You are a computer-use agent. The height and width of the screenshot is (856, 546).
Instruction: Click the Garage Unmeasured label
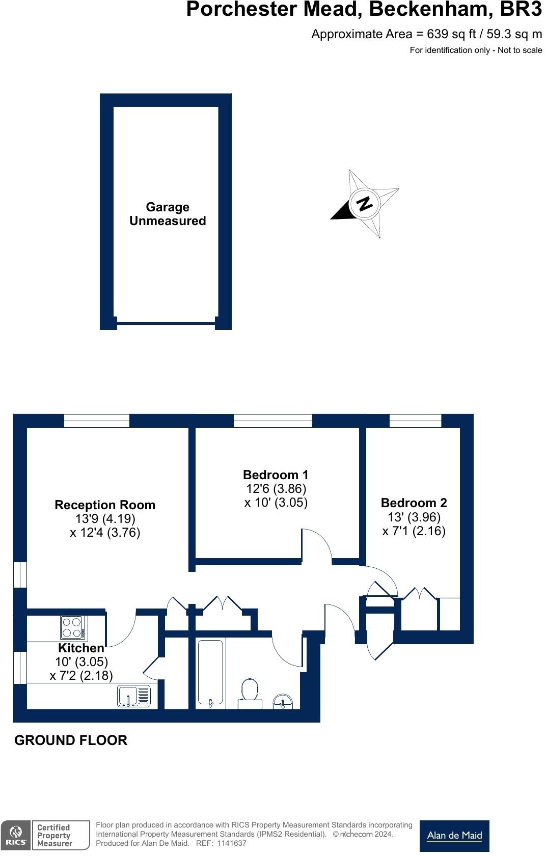click(x=167, y=214)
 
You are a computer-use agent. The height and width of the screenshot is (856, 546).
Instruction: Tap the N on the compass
click(x=364, y=204)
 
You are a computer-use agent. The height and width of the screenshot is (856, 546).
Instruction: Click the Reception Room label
click(x=105, y=505)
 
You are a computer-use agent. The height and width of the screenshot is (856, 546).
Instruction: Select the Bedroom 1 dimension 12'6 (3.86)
click(x=276, y=489)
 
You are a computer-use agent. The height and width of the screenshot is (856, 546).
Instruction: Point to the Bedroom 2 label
click(x=414, y=503)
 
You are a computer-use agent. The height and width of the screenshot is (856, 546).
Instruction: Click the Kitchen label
click(x=81, y=648)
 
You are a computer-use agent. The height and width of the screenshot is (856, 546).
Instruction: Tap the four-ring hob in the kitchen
click(x=72, y=627)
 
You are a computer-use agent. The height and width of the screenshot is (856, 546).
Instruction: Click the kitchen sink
click(x=134, y=696)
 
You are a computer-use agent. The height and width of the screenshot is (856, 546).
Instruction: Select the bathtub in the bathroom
click(x=210, y=673)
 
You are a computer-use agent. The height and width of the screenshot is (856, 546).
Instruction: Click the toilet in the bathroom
click(x=250, y=692)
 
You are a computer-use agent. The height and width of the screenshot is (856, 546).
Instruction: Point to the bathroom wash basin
click(x=283, y=702)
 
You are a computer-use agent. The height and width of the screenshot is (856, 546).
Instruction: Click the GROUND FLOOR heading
click(x=71, y=740)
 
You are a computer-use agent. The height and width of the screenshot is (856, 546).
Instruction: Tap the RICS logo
click(x=16, y=836)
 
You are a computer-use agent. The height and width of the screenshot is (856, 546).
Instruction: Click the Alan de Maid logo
click(x=454, y=835)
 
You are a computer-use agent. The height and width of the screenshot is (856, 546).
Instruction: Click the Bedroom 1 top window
click(x=272, y=421)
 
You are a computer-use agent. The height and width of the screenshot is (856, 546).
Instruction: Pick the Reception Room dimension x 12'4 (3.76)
click(x=105, y=533)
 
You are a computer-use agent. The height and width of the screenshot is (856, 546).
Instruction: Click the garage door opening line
click(x=166, y=322)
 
